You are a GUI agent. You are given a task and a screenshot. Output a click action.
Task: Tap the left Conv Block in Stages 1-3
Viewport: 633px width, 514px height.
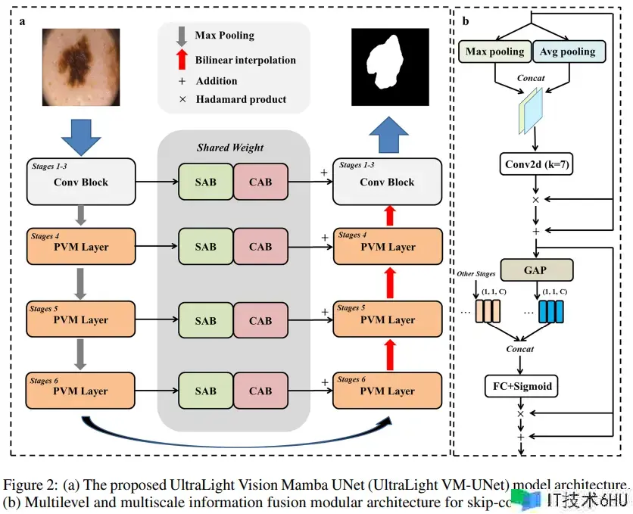coord(80,182)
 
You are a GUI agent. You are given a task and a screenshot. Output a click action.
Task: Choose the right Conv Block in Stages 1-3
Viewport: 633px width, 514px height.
coord(387,182)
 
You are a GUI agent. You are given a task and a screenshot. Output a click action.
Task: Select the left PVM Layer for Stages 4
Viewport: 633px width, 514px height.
coord(80,246)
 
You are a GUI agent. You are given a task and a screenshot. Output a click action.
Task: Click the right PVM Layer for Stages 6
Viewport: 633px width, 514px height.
coord(387,391)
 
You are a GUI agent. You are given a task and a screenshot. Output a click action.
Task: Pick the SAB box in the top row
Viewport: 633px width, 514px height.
coord(205,182)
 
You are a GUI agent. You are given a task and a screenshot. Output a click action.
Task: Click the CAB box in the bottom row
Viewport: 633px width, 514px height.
coord(260,391)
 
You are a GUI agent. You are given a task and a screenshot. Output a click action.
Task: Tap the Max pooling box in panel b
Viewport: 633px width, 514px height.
coord(494,51)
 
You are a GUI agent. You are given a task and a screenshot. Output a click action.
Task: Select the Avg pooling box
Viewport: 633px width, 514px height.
coord(567,51)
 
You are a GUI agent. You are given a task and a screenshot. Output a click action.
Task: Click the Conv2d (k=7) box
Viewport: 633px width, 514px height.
coord(536,164)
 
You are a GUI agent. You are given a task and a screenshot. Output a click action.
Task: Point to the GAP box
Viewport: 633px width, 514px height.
coord(536,269)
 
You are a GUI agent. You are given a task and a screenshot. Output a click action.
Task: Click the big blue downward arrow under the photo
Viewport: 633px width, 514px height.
coord(80,137)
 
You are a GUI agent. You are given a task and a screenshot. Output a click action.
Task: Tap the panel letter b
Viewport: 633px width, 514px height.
coord(465,21)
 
